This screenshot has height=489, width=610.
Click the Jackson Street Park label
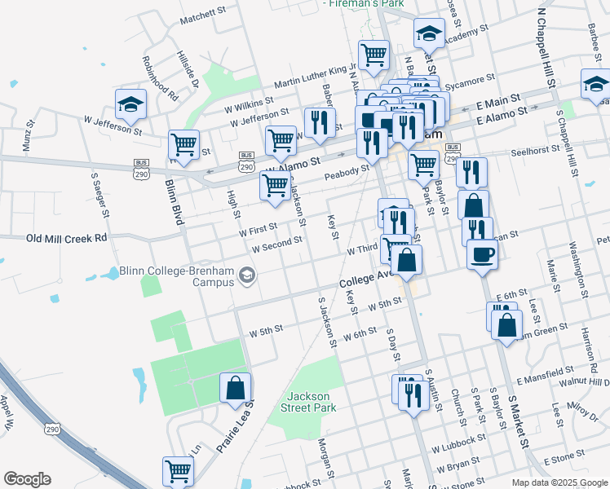coord(312,401)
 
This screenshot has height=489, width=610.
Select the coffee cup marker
coord(482,253)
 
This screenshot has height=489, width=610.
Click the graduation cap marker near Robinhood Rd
coord(130,104)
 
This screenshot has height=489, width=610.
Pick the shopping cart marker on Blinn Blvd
coord(183,145)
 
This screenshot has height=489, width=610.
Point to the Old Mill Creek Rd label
coord(67,239)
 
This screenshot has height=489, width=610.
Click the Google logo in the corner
coord(27,479)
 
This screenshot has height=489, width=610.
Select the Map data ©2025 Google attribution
coord(559,482)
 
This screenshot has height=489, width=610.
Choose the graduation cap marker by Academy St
coord(428,33)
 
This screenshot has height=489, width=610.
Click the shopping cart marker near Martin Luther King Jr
coord(374,55)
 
